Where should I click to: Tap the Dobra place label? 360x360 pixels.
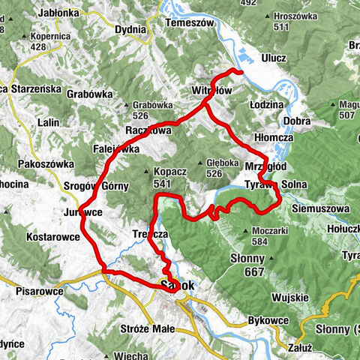click(x=298, y=121)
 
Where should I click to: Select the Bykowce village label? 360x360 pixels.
click(x=268, y=321)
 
